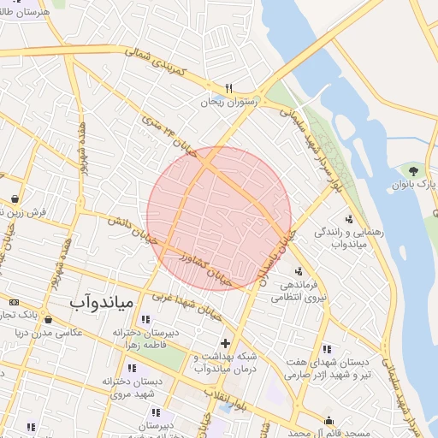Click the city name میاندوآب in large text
tap(100, 303)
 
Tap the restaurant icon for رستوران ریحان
tap(228, 88)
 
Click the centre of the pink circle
tap(219, 219)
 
